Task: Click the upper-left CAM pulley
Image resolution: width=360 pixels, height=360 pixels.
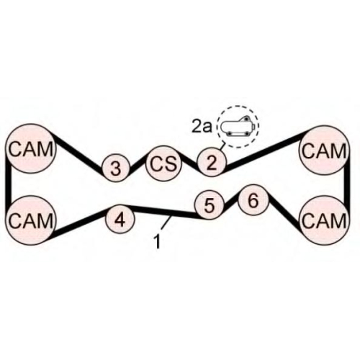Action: [31, 148]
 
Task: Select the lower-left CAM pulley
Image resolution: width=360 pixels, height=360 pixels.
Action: [31, 220]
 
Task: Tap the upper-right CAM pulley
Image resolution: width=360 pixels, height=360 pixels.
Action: [324, 150]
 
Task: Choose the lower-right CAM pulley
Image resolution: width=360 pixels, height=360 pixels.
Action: [324, 220]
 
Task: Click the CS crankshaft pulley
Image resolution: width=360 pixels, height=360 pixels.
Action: [163, 163]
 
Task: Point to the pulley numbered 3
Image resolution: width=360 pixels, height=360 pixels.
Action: [116, 168]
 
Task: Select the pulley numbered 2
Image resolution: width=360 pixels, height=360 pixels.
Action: [212, 162]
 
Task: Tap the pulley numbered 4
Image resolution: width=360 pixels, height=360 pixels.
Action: [120, 219]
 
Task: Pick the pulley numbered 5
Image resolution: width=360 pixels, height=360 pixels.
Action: [210, 205]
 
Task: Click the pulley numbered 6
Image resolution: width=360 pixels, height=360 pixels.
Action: [253, 199]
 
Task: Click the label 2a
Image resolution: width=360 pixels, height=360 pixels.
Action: [202, 127]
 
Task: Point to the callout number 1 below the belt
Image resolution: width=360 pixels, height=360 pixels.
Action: [158, 241]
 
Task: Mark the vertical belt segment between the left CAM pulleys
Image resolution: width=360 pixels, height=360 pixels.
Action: [9, 184]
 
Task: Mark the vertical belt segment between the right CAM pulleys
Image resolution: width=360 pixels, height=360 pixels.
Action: [346, 186]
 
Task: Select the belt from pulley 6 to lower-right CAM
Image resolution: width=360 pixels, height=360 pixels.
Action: [284, 211]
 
